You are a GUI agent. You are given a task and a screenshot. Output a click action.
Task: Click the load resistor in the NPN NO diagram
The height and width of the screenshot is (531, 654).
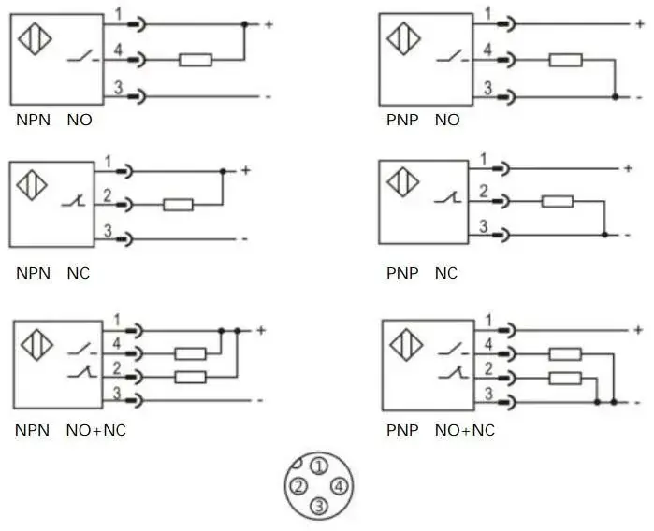pyautogui.click(x=196, y=60)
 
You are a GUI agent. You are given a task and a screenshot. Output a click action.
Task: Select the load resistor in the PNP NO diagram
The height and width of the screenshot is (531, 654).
pyautogui.click(x=565, y=60)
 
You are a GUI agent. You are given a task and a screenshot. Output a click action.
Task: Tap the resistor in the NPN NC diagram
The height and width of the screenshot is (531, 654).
pyautogui.click(x=178, y=205)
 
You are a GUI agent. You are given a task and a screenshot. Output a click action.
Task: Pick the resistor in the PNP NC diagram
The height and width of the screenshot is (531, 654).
pyautogui.click(x=558, y=201)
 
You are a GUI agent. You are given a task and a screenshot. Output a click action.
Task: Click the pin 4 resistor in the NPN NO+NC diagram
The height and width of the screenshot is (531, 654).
pyautogui.click(x=190, y=354)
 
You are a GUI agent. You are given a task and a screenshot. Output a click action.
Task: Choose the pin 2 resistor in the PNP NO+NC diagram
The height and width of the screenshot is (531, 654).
pyautogui.click(x=565, y=379)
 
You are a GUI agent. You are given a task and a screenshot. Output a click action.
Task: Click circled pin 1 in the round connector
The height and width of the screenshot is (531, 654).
pyautogui.click(x=319, y=466)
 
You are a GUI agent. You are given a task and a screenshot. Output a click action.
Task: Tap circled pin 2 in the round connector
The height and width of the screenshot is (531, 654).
pyautogui.click(x=298, y=486)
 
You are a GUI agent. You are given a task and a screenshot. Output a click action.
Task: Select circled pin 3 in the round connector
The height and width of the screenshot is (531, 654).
pyautogui.click(x=319, y=506)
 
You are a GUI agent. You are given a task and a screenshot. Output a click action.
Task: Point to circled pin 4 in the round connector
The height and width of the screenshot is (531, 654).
pyautogui.click(x=339, y=486)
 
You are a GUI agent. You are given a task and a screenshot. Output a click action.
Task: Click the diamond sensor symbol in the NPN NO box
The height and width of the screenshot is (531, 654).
pyautogui.click(x=35, y=38)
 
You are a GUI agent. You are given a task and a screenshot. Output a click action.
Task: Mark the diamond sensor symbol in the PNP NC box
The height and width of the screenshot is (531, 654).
pyautogui.click(x=403, y=181)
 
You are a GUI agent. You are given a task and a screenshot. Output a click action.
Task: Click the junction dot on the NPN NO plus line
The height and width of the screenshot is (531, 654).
pyautogui.click(x=245, y=24)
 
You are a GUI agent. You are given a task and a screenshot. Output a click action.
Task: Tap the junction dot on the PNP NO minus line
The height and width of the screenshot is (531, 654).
pyautogui.click(x=615, y=97)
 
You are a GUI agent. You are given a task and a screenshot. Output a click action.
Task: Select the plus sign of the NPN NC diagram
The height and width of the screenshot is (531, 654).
pyautogui.click(x=246, y=170)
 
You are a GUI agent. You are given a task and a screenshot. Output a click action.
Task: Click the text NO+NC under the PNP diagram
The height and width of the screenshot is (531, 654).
pyautogui.click(x=465, y=430)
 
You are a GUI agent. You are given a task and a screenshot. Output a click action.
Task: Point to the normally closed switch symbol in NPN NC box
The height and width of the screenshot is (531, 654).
pyautogui.click(x=74, y=201)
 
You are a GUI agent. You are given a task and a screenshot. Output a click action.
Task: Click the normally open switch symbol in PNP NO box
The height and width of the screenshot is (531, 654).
pyautogui.click(x=453, y=56)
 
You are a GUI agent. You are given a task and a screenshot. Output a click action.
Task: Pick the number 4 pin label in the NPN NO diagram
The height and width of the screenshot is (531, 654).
pyautogui.click(x=118, y=50)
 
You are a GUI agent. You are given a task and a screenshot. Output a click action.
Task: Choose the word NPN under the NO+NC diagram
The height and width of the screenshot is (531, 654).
pyautogui.click(x=32, y=430)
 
